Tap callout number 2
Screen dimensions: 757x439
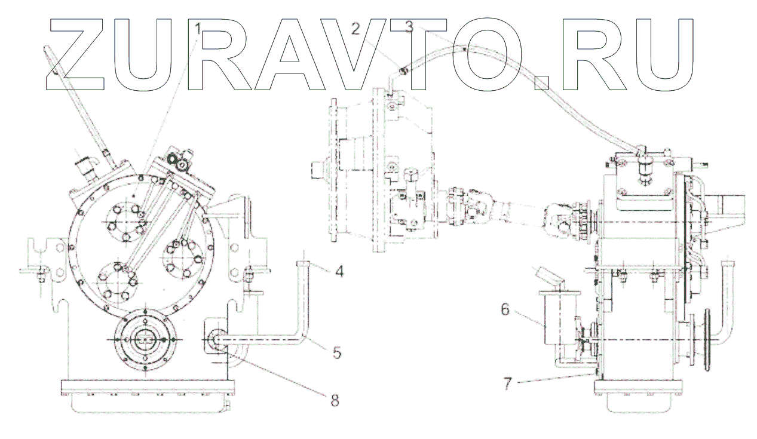(x=355, y=28)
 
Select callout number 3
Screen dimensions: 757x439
(x=409, y=26)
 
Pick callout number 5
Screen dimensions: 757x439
(x=338, y=352)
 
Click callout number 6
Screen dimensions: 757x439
(x=505, y=309)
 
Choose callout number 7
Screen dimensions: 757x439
(x=507, y=383)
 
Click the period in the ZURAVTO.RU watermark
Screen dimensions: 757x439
(x=540, y=82)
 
